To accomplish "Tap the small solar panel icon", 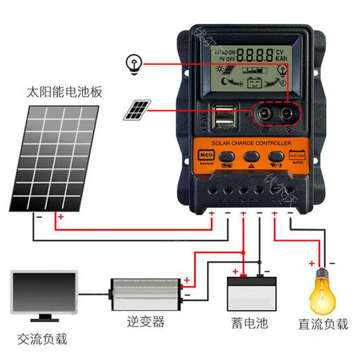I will click(138, 109).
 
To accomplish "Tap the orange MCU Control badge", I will click(206, 157).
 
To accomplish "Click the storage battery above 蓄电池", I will click(251, 295).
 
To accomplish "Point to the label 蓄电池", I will click(250, 323).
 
